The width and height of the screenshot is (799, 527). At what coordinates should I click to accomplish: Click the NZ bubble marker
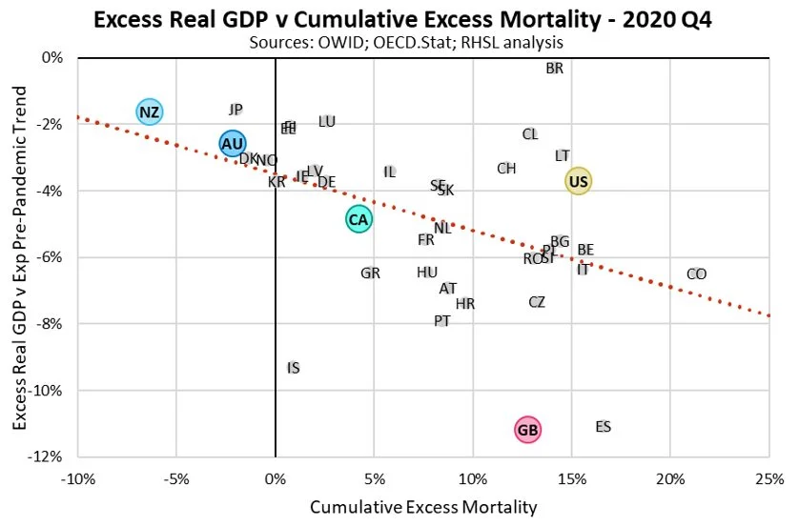tap(149, 112)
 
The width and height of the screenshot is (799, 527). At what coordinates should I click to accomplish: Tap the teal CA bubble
tap(359, 219)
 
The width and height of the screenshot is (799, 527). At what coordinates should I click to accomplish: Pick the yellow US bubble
tap(578, 181)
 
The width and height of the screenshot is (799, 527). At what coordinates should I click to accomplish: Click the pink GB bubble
tap(527, 430)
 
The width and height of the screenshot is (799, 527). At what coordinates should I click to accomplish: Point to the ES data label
tap(603, 427)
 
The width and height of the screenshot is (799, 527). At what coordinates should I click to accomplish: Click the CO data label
tap(696, 274)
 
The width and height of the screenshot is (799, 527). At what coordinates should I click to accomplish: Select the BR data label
tap(554, 69)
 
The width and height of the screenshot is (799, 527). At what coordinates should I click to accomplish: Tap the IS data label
tap(294, 368)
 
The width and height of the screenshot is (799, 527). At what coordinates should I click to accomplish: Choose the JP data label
tap(236, 110)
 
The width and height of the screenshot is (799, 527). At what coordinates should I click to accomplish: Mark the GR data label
tap(371, 274)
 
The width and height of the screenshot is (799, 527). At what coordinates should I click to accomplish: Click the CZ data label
tap(537, 302)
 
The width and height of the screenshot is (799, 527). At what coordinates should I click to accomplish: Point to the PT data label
tap(441, 321)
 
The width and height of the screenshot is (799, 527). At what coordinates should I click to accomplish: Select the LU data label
tap(327, 121)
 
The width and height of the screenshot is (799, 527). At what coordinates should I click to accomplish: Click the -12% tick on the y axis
tap(50, 457)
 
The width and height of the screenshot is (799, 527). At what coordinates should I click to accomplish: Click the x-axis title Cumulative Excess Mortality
tap(422, 506)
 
